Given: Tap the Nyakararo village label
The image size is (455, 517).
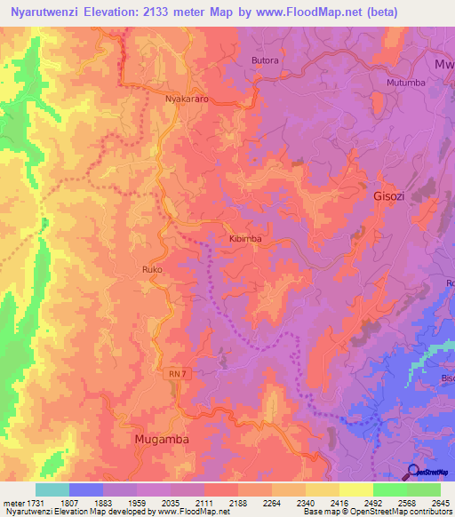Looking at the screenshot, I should click(187, 99).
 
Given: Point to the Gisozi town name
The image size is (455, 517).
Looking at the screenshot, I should click(387, 197).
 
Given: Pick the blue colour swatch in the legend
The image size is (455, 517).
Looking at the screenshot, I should click(85, 489).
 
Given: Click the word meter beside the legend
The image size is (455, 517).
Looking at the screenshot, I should click(13, 502).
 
